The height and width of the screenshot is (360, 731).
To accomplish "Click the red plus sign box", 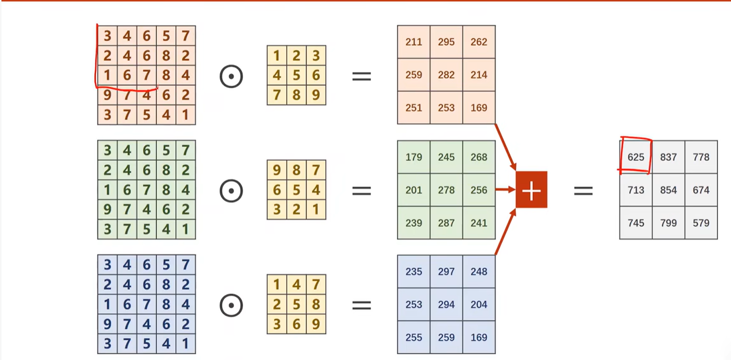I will [531, 190].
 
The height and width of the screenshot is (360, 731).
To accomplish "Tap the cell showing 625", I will [635, 157].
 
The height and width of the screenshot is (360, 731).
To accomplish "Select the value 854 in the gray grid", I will [668, 190].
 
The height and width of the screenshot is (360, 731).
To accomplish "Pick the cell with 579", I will [701, 223].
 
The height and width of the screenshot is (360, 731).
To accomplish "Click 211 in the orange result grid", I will [414, 42].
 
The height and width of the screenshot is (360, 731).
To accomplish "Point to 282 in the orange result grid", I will [446, 75].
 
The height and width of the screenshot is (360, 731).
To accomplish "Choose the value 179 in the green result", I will [414, 157].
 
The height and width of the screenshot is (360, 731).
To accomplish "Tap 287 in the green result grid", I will [446, 223].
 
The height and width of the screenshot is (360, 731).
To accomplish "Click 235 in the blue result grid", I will [414, 272].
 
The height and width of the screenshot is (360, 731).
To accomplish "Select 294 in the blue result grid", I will [446, 305].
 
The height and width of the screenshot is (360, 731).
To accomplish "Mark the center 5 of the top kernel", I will [296, 75].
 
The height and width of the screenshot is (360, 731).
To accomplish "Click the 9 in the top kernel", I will [316, 95].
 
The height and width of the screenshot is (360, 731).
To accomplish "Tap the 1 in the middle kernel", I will [316, 209].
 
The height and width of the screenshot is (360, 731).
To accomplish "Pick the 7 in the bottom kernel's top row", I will [316, 285].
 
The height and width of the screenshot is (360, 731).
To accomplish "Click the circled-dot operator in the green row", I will [231, 191].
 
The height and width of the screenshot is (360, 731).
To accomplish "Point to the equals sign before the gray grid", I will [583, 191].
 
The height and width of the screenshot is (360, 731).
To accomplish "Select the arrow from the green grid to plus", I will [505, 190].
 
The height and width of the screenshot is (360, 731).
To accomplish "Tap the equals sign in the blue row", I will [361, 305].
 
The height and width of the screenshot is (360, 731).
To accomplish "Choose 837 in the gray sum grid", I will [668, 157].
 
